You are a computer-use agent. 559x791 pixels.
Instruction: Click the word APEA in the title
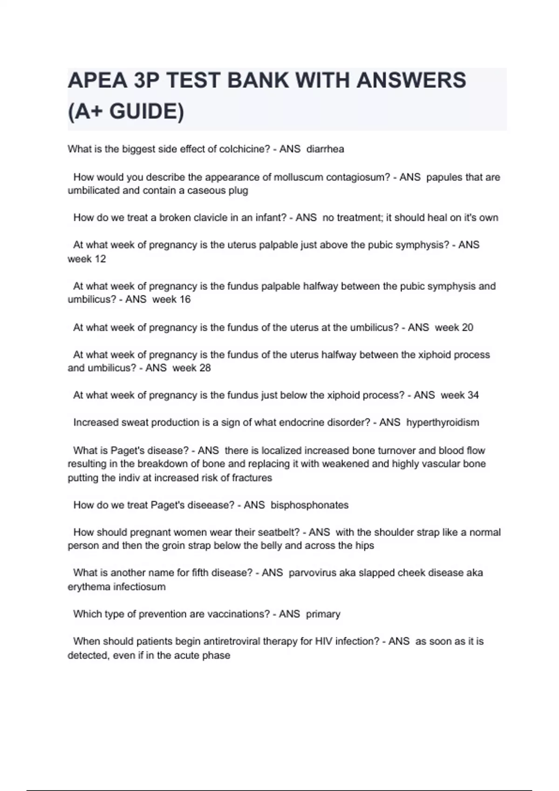pyautogui.click(x=97, y=80)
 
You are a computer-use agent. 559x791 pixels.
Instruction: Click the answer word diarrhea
pyautogui.click(x=325, y=149)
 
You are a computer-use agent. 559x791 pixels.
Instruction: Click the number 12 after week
pyautogui.click(x=100, y=259)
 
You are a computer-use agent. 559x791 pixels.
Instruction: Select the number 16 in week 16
pyautogui.click(x=184, y=300)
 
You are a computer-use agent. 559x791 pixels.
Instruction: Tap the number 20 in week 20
pyautogui.click(x=467, y=328)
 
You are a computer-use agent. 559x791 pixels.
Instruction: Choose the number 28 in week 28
pyautogui.click(x=205, y=368)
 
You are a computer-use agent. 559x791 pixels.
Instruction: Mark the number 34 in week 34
pyautogui.click(x=472, y=395)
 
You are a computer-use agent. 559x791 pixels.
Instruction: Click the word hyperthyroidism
pyautogui.click(x=443, y=422)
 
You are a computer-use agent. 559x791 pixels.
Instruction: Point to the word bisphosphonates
pyautogui.click(x=309, y=505)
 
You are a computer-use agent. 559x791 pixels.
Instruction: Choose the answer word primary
pyautogui.click(x=323, y=614)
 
